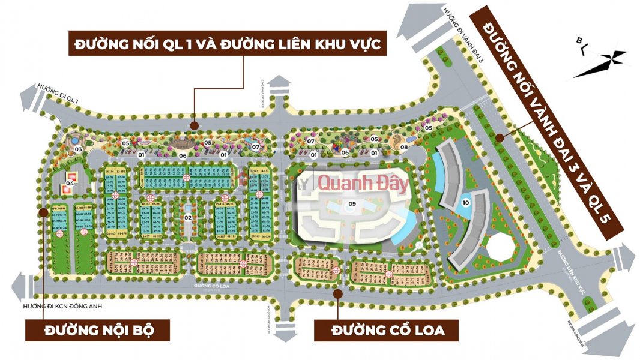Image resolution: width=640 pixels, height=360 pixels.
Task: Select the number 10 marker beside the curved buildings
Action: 466,203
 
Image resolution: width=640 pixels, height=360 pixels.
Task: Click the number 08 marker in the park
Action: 405,146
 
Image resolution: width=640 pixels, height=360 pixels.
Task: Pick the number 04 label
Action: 70,183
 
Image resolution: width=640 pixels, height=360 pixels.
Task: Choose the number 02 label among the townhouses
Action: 187,217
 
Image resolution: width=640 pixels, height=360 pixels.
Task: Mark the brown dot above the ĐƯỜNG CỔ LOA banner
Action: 339,294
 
